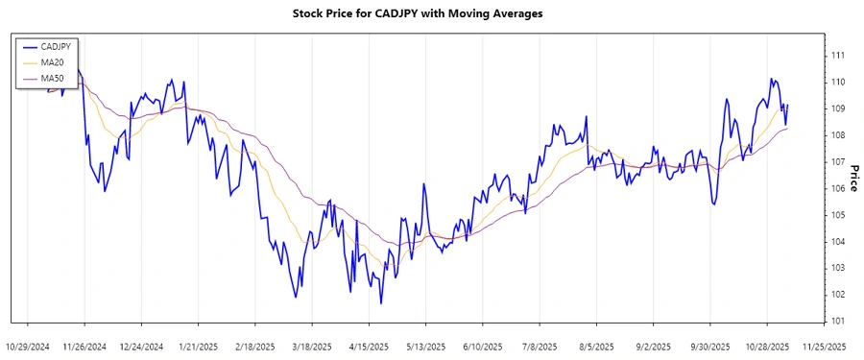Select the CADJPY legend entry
click(56, 46)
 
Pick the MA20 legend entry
click(52, 62)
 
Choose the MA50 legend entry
click(52, 78)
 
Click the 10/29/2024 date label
click(28, 346)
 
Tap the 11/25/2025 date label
click(824, 346)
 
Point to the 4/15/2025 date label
click(369, 346)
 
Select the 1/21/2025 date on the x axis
click(198, 346)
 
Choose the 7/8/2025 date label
click(539, 346)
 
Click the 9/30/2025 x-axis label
click(709, 346)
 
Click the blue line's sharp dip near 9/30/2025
click(713, 204)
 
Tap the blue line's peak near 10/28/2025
click(771, 80)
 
